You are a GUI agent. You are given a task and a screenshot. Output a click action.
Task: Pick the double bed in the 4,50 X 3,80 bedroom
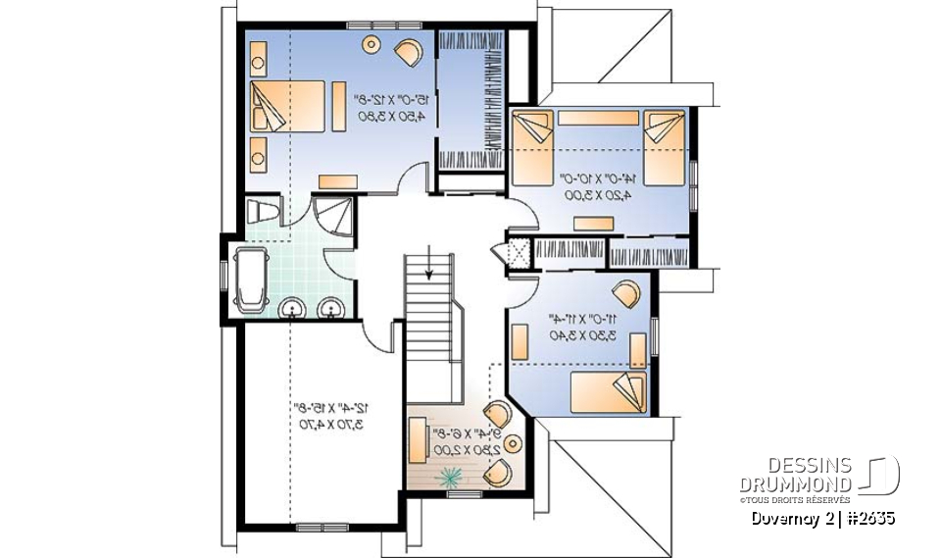290,106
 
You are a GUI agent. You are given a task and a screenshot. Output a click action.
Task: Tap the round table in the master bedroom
372,43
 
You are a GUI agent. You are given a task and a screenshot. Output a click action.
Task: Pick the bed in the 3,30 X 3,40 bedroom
609,392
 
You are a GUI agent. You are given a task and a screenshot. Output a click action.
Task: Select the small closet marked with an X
518,249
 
